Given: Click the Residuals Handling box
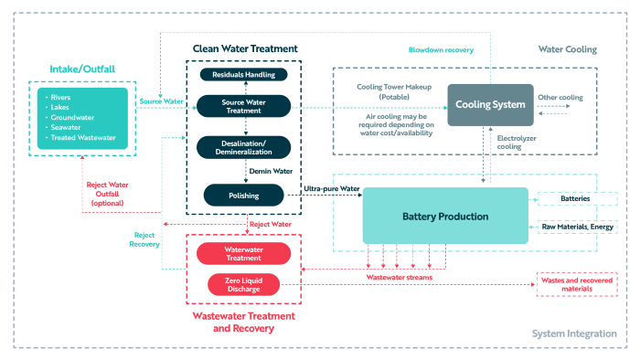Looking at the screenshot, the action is click(x=244, y=75).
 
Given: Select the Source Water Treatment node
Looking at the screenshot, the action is click(x=244, y=106).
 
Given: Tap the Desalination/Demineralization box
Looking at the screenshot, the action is click(x=244, y=148).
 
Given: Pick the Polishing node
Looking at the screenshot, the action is click(x=244, y=196).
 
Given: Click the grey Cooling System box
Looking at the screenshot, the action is click(x=490, y=105).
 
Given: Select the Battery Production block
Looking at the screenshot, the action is click(x=445, y=216).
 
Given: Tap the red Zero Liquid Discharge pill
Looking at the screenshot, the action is click(x=244, y=284).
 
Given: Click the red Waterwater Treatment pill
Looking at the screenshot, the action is click(x=244, y=254).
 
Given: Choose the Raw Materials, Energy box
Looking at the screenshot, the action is click(x=578, y=227).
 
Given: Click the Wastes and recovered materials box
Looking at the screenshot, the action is click(x=577, y=284).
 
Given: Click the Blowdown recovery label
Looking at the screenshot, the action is click(x=441, y=49).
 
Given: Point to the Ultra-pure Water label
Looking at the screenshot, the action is click(x=331, y=189).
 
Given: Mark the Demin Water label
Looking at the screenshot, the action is click(x=271, y=171).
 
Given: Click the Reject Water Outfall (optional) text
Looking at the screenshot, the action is click(x=107, y=194).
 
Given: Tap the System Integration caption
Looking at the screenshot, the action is click(x=574, y=334).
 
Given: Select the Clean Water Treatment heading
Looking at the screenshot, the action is click(x=245, y=49).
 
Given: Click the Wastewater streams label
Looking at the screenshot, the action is click(x=400, y=277).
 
